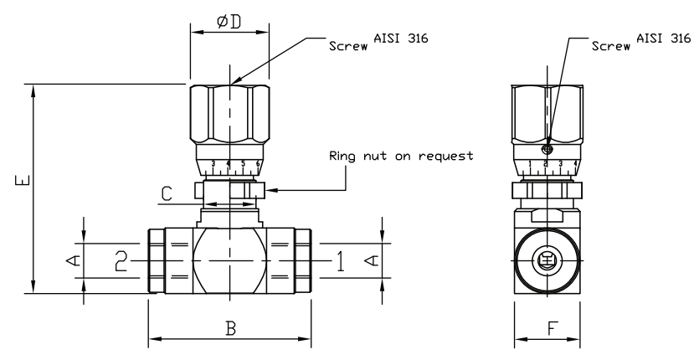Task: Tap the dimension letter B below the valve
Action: [x=229, y=328]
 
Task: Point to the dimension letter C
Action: [x=167, y=194]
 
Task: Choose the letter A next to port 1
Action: [x=370, y=261]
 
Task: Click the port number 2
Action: [x=121, y=261]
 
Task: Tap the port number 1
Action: [x=339, y=261]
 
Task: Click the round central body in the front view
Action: [x=229, y=261]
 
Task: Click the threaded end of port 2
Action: [x=157, y=261]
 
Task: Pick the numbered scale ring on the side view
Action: [x=546, y=163]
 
